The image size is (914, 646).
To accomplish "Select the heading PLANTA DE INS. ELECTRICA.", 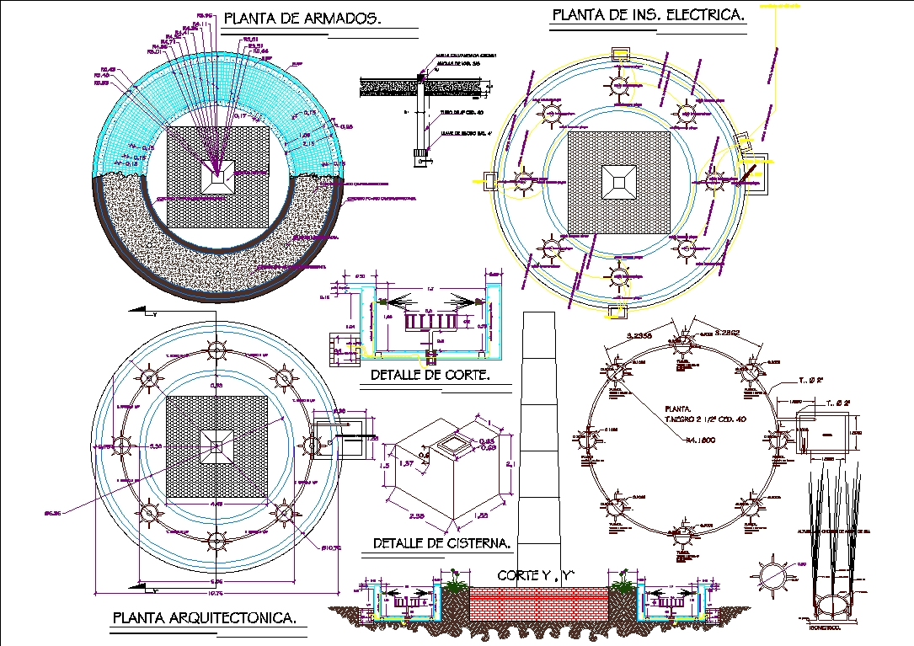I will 648,15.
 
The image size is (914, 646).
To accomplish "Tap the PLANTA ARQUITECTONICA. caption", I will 205,619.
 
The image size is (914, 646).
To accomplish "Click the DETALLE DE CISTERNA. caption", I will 441,544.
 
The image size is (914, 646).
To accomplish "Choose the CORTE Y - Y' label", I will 536,576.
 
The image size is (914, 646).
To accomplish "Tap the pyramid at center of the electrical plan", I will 619,181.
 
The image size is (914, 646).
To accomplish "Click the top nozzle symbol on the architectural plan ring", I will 218,349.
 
